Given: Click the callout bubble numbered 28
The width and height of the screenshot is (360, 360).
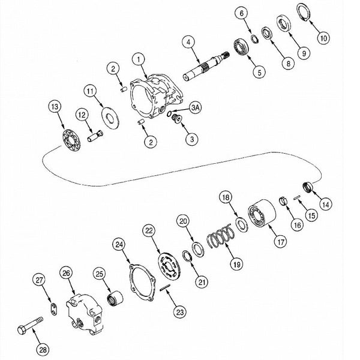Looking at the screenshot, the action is tap(43, 350).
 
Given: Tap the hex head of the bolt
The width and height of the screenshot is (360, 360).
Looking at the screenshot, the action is tap(22, 330).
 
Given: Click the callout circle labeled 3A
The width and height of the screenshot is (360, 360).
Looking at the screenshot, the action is tap(196, 107).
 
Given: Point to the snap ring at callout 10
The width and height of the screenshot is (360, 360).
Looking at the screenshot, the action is tap(304, 13).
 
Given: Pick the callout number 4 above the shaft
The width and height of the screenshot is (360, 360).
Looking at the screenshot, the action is tap(188, 42).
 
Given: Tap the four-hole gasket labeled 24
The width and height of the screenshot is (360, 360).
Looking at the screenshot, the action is tap(142, 283).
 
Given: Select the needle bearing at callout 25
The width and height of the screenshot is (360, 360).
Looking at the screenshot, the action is tap(115, 298).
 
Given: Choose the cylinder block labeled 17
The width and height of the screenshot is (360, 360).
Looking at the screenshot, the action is tap(262, 213).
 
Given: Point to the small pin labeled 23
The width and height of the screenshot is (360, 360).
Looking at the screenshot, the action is tap(165, 287).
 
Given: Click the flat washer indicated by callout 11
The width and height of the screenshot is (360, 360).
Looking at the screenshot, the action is tap(110, 118).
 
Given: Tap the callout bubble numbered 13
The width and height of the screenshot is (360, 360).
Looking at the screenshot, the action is tap(55, 107).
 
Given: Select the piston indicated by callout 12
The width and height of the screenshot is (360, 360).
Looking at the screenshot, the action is tap(95, 136).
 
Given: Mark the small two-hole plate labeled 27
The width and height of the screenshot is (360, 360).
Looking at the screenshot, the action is tap(54, 309).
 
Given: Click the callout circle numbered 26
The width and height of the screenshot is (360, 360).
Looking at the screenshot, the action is tap(66, 273).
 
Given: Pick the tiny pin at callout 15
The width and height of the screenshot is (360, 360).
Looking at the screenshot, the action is tap(297, 197).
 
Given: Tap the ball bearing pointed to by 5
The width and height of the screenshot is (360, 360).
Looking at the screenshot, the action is tap(241, 47).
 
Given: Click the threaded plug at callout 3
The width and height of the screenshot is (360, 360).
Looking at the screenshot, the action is tap(177, 118).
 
